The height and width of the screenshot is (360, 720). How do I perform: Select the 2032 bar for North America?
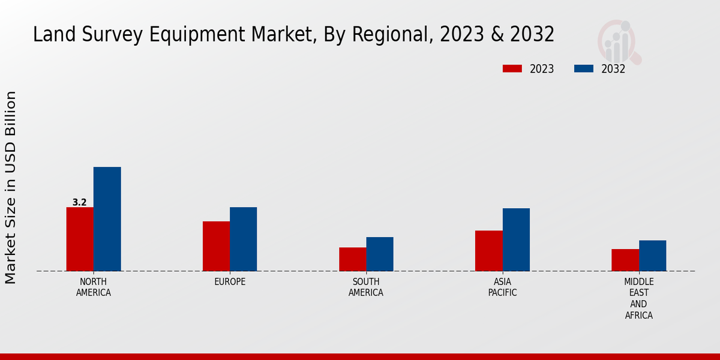107,219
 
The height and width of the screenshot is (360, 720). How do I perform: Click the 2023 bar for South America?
352,259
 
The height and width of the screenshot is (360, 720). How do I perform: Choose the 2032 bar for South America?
380,254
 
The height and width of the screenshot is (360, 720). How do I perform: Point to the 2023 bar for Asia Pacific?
488,251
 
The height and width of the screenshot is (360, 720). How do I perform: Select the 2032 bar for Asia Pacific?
516,239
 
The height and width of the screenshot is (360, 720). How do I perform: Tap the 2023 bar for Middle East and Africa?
625,260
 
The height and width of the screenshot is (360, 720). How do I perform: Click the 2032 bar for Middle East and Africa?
652,256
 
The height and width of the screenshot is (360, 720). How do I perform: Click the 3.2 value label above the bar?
80,202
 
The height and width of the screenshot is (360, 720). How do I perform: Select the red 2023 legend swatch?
512,69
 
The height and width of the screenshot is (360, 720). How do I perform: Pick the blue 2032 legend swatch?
583,69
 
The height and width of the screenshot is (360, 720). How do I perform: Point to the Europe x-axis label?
230,282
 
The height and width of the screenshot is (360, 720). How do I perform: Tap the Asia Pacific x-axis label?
502,287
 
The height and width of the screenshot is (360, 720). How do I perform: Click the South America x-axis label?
366,287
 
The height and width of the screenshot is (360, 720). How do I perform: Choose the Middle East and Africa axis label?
638,298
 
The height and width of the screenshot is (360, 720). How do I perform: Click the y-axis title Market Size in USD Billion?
11,187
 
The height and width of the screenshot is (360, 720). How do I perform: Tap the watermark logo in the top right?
619,41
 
